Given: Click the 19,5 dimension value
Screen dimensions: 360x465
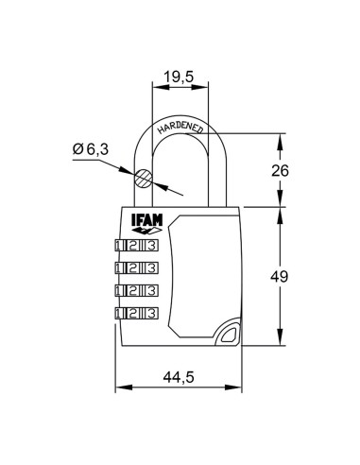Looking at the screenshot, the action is coord(180,77).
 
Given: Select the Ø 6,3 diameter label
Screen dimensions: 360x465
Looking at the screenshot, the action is coord(91,149).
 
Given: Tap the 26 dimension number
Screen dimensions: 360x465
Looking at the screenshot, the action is coord(280,170).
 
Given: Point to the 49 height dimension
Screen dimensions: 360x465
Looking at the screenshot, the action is coord(280,277).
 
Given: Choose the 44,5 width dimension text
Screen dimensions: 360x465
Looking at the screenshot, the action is coord(179,377).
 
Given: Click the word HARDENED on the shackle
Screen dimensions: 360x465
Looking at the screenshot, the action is coord(180,128).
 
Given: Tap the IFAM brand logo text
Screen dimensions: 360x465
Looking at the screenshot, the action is coord(146,219).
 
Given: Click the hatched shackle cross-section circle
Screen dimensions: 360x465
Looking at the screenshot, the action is coord(144,179).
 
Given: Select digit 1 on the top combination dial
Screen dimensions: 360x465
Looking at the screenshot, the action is coord(118,246).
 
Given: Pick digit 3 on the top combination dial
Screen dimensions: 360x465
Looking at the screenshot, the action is coord(151,246).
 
